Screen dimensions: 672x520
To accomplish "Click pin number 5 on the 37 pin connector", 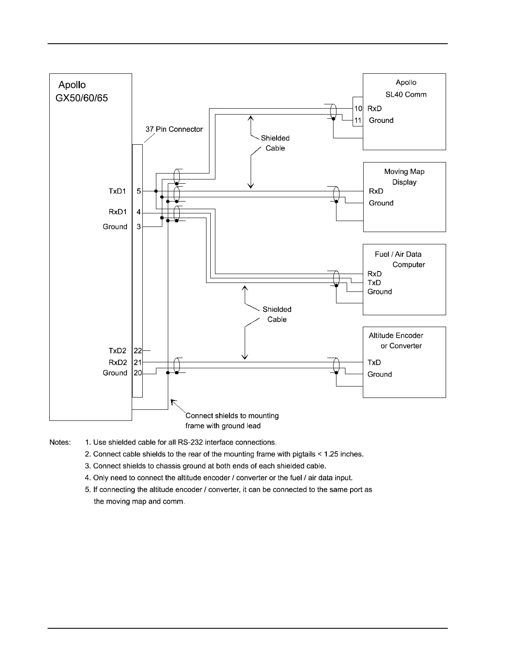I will pos(139,191).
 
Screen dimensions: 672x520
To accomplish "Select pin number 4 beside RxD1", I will pos(139,212).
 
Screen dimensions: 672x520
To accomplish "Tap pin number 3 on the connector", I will pos(139,227).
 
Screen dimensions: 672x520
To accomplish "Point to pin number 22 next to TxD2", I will pos(138,351).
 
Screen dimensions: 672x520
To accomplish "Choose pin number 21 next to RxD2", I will pos(138,362).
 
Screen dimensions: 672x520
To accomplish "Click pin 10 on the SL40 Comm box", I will pos(358,109).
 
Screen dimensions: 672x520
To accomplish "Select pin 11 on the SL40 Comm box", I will pos(358,120).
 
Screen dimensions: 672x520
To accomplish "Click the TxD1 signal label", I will pos(117,191).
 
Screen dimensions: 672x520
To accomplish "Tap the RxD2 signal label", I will pos(118,362).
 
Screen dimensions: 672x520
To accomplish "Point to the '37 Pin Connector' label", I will pos(174,129).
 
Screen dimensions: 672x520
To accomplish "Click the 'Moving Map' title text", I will pos(404,171).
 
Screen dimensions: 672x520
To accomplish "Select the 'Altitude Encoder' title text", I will pos(396,335).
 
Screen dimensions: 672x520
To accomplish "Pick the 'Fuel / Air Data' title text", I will pos(398,254).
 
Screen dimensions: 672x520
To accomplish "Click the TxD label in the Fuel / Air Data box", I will pos(374,283).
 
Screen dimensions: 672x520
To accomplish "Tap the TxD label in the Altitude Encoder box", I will pos(374,362).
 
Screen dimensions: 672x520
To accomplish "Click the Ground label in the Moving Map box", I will pos(381,203).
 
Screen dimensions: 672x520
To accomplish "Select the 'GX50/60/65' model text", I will pos(82,98).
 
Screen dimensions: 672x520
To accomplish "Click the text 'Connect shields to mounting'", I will pos(232,416).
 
